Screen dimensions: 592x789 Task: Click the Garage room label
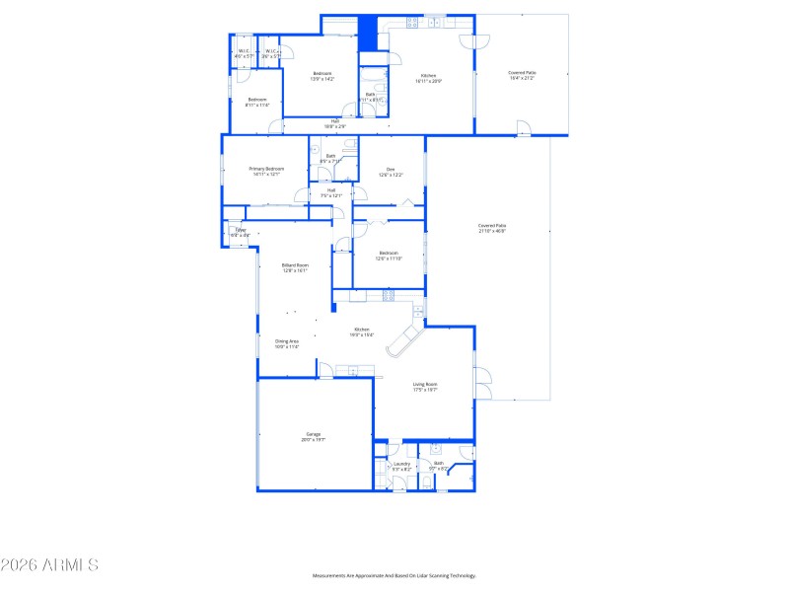(x=315, y=436)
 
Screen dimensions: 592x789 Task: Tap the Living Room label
(x=425, y=387)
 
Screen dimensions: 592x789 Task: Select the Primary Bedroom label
(x=266, y=172)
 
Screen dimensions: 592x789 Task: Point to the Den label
(x=391, y=172)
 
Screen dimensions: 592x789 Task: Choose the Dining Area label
(x=287, y=343)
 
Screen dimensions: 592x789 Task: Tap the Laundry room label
(x=401, y=466)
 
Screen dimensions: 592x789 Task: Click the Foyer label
(x=240, y=233)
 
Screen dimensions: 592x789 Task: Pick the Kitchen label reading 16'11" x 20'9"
(x=429, y=78)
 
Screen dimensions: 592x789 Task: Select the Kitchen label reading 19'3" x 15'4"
(x=362, y=332)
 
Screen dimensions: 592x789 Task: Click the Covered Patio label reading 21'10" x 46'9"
(x=491, y=228)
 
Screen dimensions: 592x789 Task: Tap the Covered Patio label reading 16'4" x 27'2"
(x=523, y=75)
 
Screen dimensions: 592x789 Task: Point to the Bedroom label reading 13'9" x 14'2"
(x=323, y=76)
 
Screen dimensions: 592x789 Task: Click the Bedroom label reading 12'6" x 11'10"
(x=389, y=256)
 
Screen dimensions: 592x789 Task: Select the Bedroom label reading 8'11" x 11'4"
(x=256, y=102)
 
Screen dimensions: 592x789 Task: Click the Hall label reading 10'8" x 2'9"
(x=335, y=123)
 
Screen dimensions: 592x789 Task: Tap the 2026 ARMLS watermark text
(x=49, y=565)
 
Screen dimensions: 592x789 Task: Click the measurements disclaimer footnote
(x=394, y=575)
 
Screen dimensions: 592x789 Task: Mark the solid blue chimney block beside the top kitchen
(x=367, y=33)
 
